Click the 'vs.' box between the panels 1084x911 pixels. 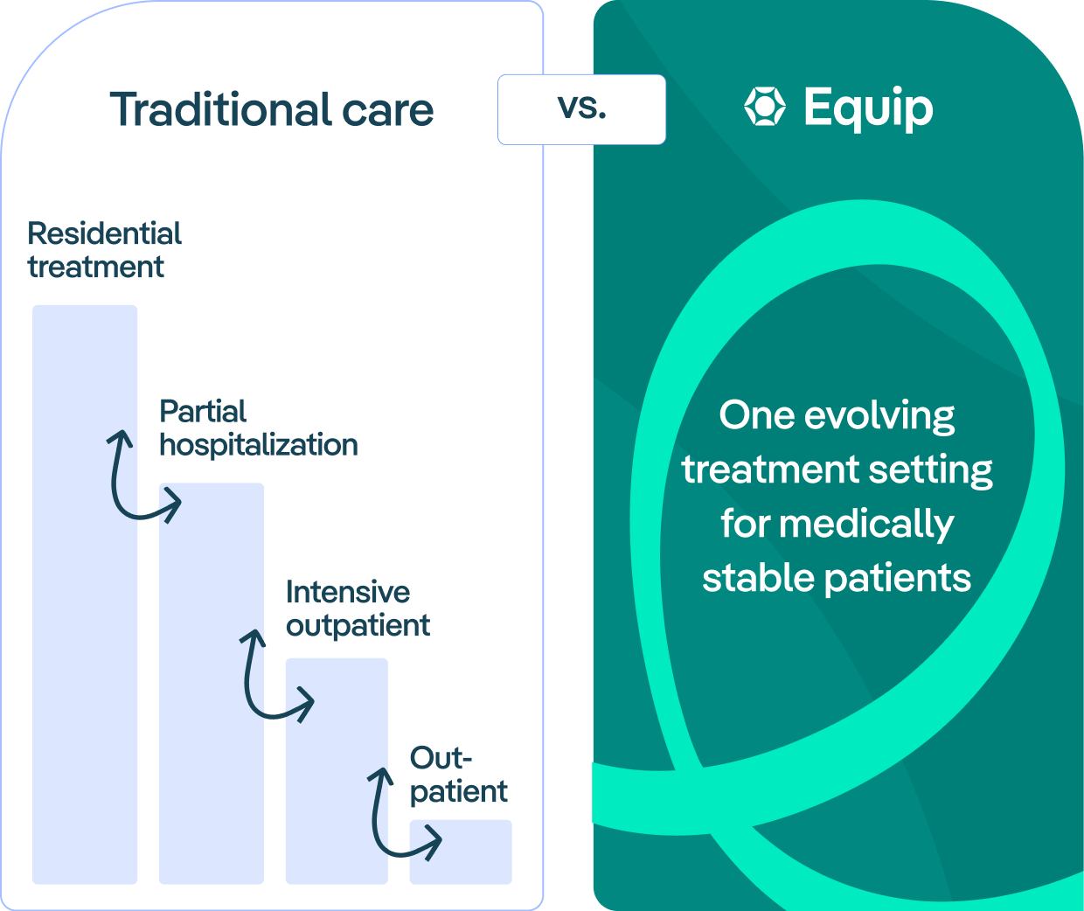coord(581,109)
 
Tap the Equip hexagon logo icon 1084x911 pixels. coord(765,107)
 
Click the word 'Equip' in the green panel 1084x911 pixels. coord(869,108)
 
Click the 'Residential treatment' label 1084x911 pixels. coord(104,250)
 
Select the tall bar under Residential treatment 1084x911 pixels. coord(85,595)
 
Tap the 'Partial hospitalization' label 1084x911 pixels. coord(259,428)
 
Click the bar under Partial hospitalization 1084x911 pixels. coord(212,684)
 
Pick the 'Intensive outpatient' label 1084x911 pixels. coord(358,608)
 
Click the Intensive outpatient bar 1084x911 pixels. coord(337,771)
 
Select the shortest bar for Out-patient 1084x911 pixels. coord(461,852)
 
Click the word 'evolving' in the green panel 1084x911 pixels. coord(879,416)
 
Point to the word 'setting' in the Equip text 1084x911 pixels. coord(930,470)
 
